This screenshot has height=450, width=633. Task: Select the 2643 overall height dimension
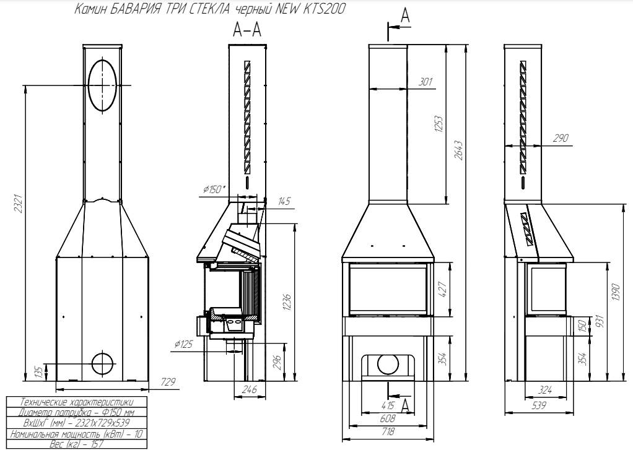(x=458, y=150)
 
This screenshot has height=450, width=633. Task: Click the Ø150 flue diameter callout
(x=214, y=189)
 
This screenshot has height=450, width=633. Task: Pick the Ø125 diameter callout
(x=184, y=344)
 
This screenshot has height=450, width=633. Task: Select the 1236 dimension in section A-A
(x=287, y=302)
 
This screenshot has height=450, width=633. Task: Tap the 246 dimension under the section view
(x=250, y=390)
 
